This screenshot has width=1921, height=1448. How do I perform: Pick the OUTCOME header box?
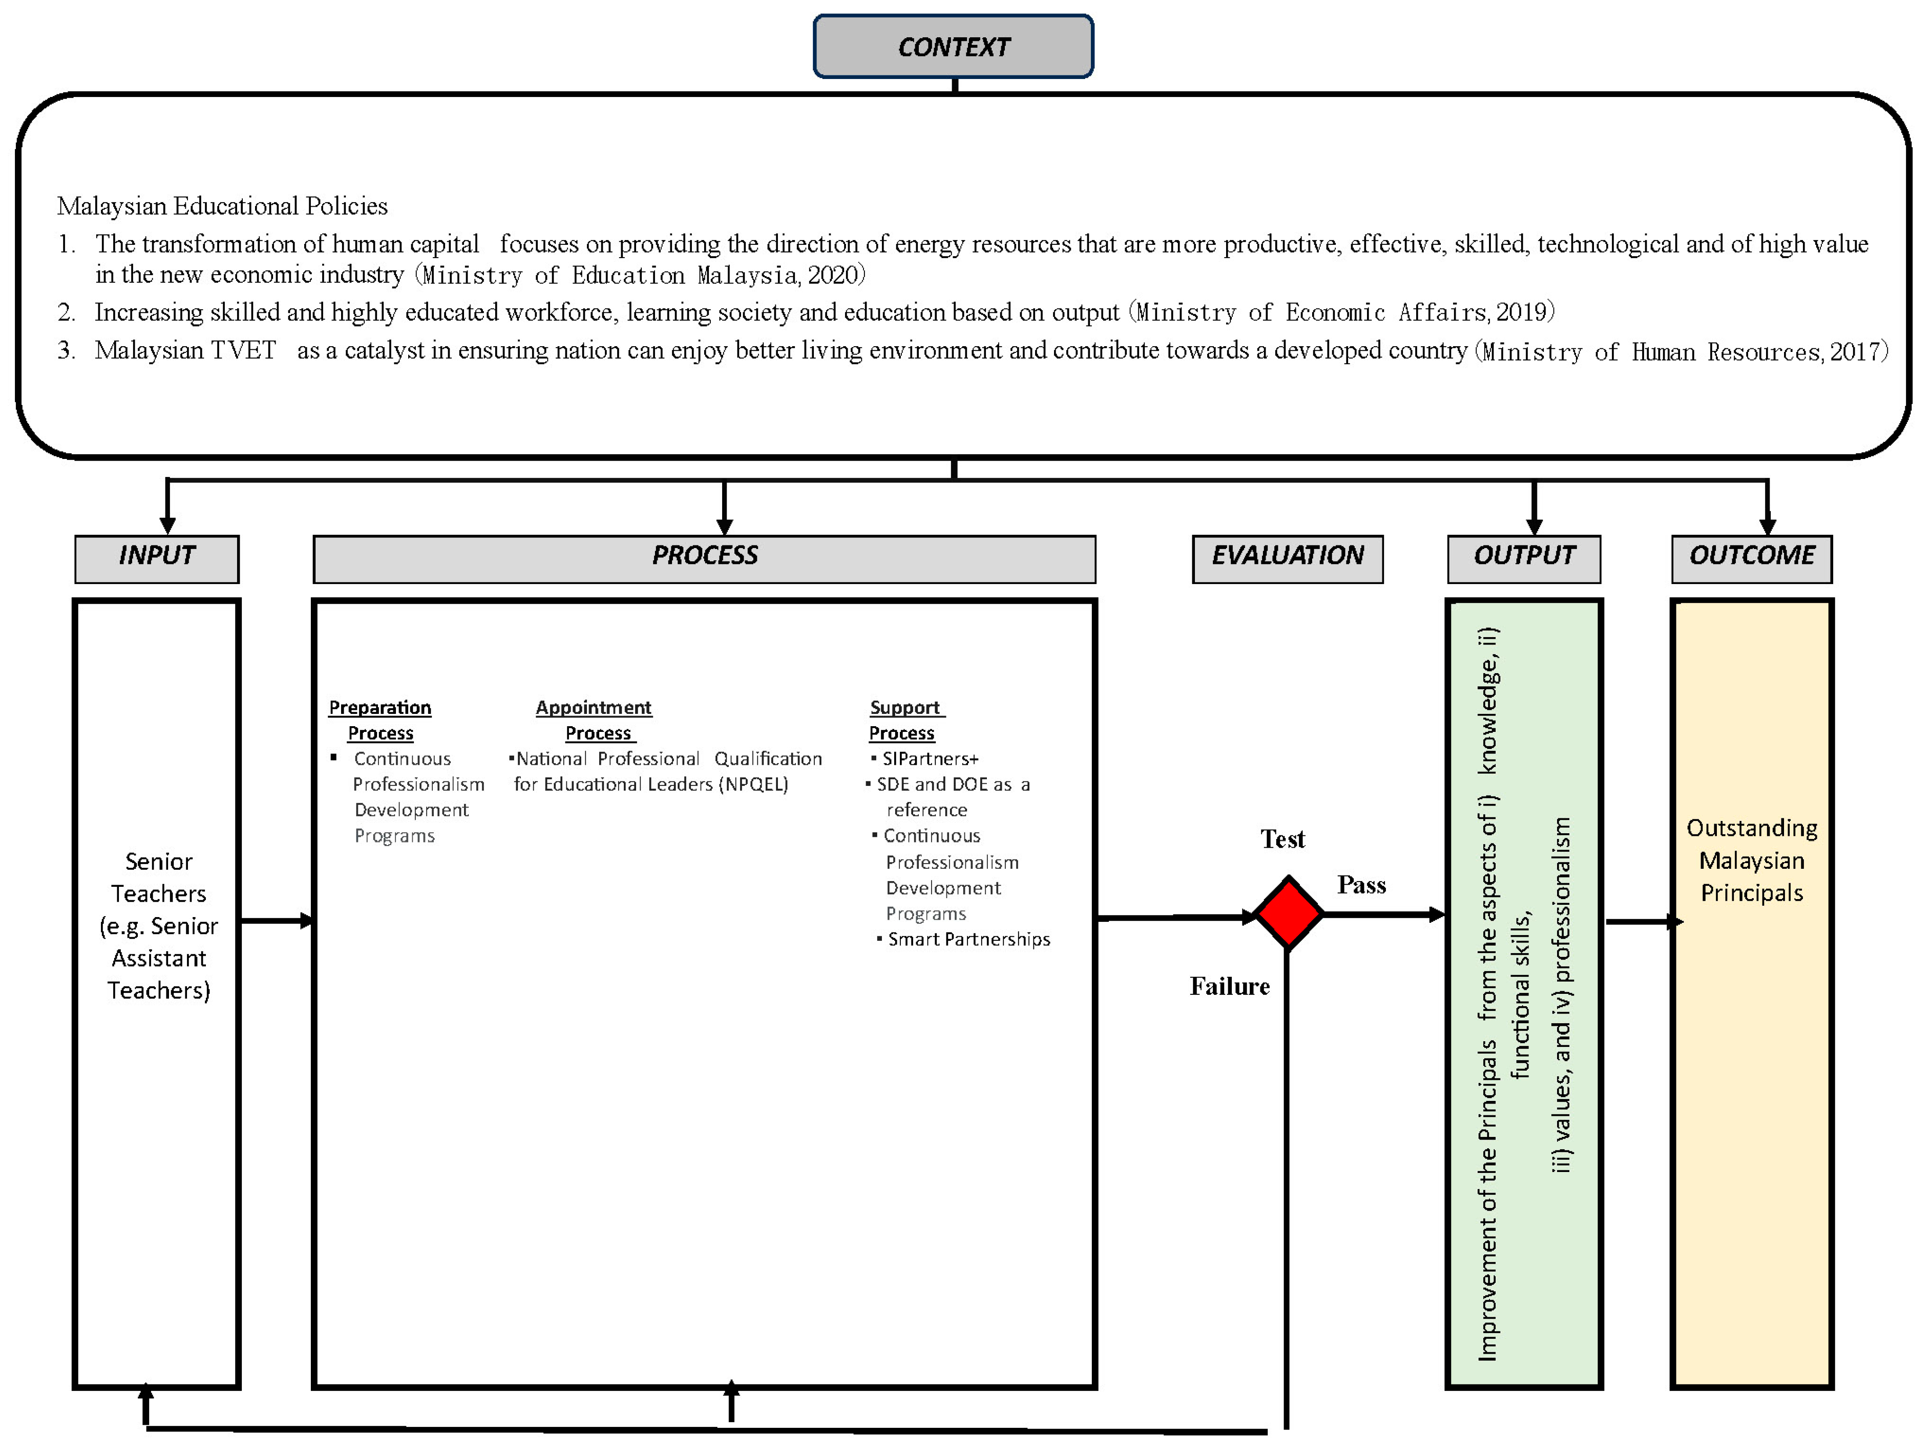click(x=1752, y=556)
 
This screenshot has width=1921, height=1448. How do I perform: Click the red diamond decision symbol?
click(x=1289, y=913)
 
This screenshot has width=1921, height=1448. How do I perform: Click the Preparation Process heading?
click(x=380, y=720)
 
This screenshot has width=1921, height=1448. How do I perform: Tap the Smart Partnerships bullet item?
click(x=968, y=939)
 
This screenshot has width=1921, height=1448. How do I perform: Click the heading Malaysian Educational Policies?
click(x=222, y=207)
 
